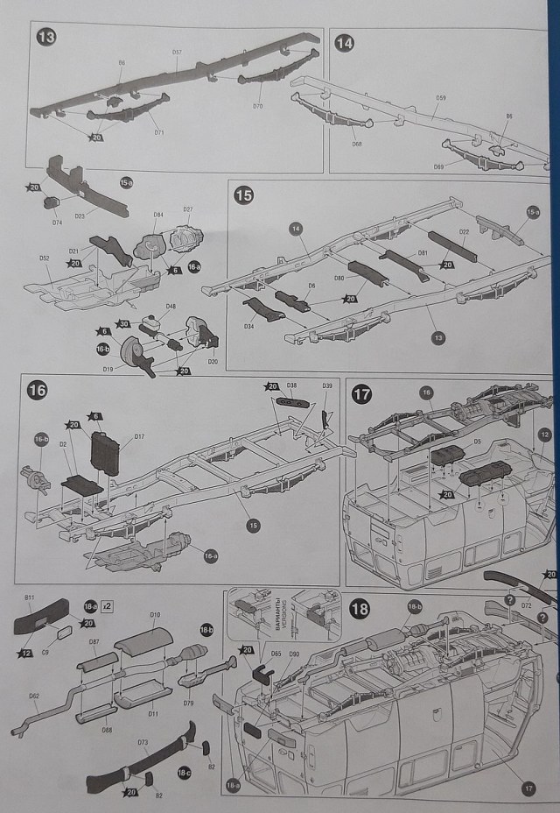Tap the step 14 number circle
point(344,42)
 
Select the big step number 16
point(37,391)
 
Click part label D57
point(177,53)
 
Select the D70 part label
point(257,106)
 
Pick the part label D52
point(44,258)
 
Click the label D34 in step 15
point(249,327)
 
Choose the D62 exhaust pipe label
point(33,696)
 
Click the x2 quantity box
point(107,606)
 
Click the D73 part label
point(142,742)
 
